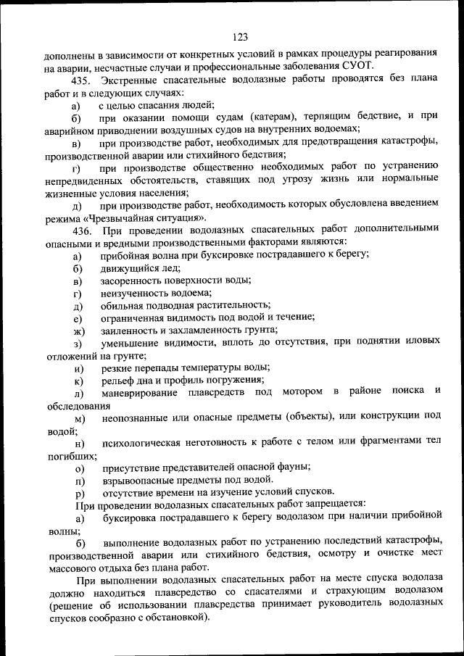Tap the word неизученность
[x=131, y=293]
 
